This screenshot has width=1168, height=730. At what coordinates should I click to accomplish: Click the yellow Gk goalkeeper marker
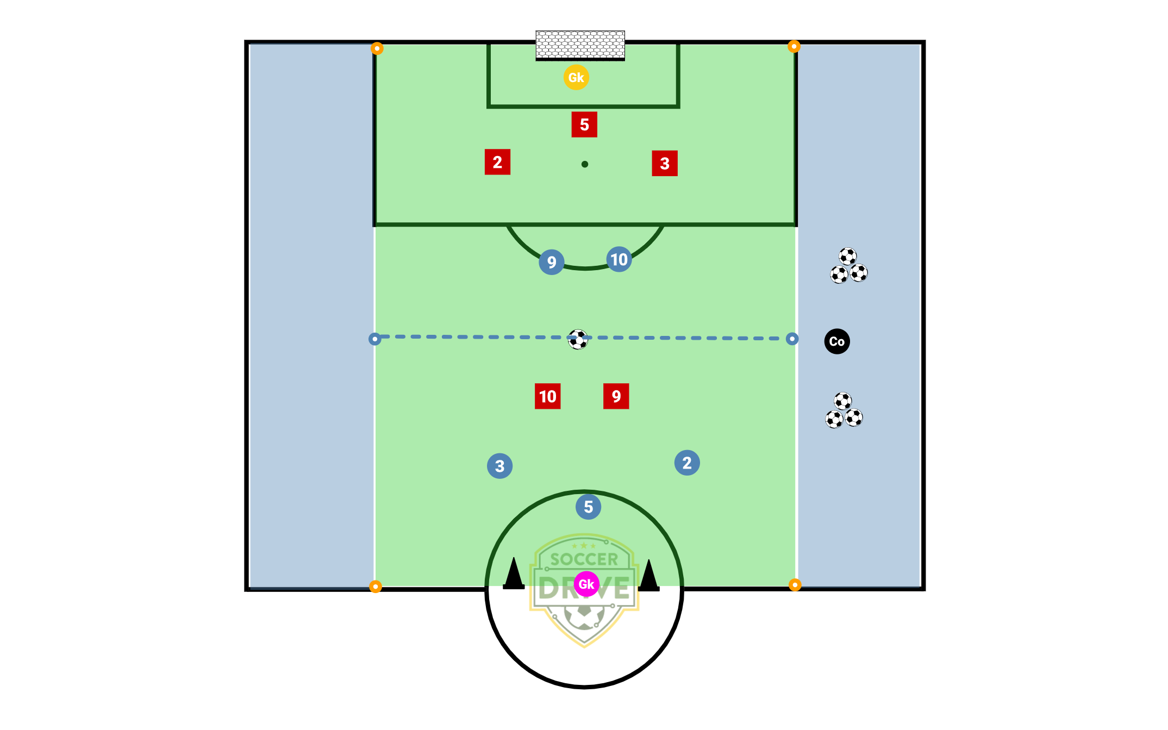click(576, 77)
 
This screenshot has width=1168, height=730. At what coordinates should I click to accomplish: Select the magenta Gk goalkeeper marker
click(586, 584)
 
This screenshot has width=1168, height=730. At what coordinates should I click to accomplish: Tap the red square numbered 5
click(584, 124)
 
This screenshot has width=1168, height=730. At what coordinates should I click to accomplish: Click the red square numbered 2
click(497, 162)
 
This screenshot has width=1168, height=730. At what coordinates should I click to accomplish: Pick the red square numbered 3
click(665, 164)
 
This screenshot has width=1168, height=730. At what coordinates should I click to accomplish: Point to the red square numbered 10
click(548, 396)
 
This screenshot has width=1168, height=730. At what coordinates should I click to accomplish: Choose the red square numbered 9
click(616, 396)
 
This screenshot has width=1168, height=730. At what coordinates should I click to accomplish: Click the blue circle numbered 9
click(552, 262)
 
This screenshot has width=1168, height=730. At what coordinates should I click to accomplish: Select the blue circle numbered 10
click(619, 259)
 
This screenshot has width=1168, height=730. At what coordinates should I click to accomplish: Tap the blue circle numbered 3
click(500, 466)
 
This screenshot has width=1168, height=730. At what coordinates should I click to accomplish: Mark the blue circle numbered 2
click(687, 463)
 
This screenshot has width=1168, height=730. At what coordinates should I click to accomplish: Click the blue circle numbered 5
click(589, 507)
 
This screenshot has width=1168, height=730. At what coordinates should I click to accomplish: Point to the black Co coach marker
click(837, 341)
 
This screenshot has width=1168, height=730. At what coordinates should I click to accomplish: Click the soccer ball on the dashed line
click(578, 339)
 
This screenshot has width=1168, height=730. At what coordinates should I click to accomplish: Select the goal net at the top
click(580, 46)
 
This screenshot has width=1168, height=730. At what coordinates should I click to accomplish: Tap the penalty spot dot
click(585, 164)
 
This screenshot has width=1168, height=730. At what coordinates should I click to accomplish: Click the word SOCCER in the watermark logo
click(584, 559)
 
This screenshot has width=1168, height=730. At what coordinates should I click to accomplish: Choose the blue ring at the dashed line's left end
click(374, 339)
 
